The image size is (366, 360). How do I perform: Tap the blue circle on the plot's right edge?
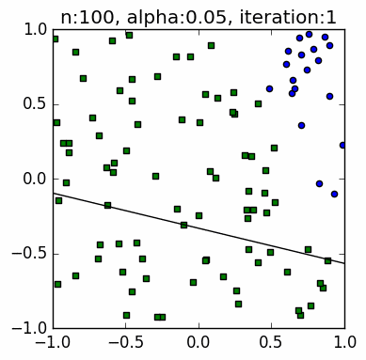click(x=343, y=145)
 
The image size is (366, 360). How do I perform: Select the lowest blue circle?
click(x=320, y=183)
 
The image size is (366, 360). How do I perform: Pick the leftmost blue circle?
click(x=269, y=88)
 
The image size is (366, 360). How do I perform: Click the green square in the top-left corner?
click(x=55, y=39)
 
